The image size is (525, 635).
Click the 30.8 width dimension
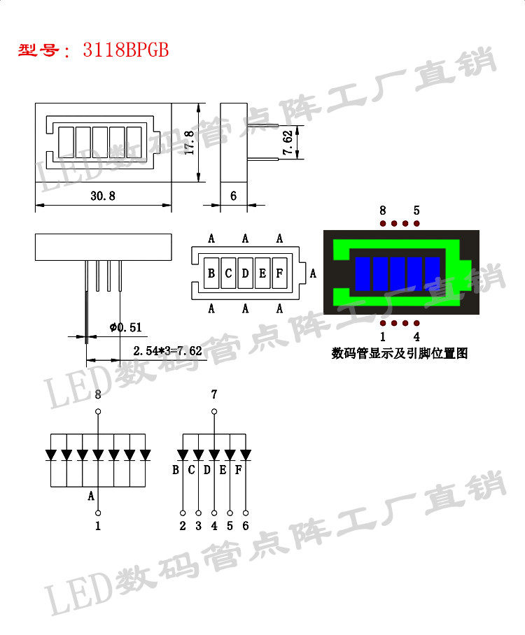(x=102, y=197)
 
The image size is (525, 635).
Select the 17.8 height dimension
(x=188, y=143)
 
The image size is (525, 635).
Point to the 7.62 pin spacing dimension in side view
(x=288, y=143)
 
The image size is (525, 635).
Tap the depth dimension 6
(x=233, y=197)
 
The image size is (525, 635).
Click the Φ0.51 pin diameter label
(x=126, y=327)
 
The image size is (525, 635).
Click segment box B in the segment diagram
(x=211, y=273)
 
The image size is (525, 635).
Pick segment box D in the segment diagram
(x=245, y=273)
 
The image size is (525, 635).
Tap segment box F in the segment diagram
(x=279, y=273)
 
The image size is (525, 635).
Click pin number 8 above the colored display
(x=383, y=211)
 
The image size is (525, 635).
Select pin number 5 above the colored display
(x=416, y=211)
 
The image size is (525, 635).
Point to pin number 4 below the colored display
(x=416, y=337)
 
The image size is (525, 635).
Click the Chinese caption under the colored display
(x=399, y=354)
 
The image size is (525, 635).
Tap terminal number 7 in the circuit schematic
(x=214, y=395)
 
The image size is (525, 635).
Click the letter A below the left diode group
(x=91, y=497)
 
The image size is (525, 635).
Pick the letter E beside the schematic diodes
(x=223, y=470)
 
